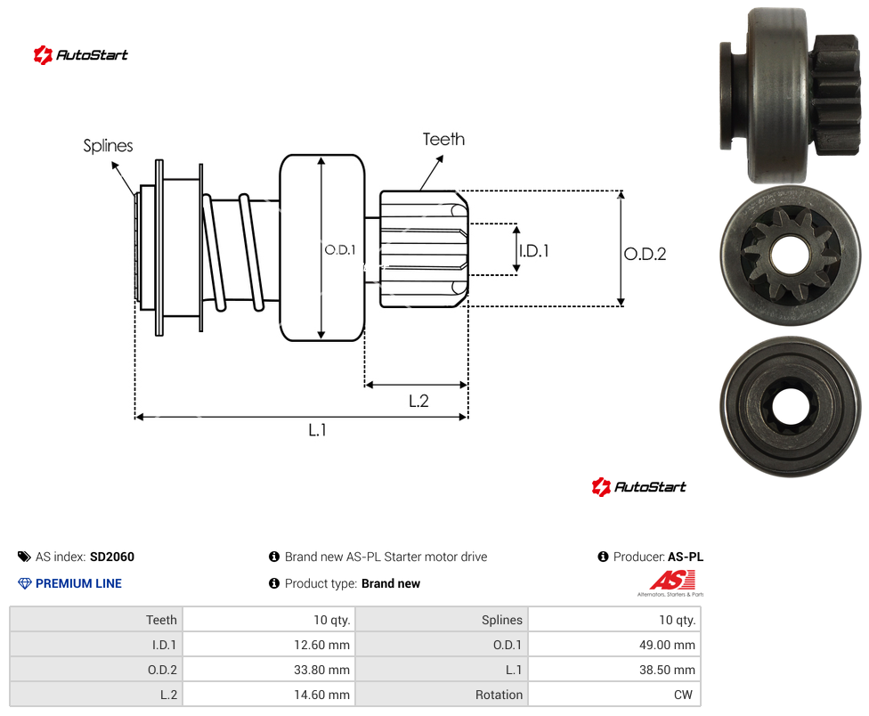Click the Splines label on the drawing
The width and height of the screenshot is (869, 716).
coord(108,146)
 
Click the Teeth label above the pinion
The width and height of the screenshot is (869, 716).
coord(443,139)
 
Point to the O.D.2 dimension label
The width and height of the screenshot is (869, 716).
coord(646,254)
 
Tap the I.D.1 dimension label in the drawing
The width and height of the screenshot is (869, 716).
coord(533,251)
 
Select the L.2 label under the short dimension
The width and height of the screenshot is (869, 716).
coord(418,401)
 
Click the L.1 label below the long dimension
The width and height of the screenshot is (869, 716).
coord(318,429)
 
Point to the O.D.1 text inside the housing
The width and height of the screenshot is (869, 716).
coord(340,250)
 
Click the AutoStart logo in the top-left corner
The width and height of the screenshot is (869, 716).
coord(81,55)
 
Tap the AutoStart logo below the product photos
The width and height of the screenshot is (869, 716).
coord(639,486)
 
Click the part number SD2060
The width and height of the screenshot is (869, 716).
coord(112,557)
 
